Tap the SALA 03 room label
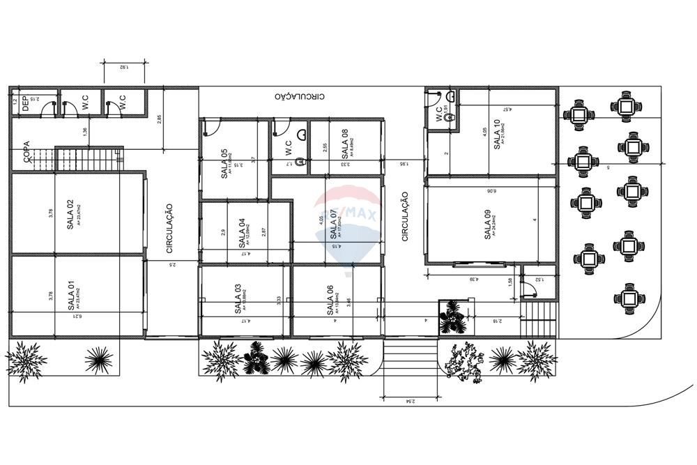238,298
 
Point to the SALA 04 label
241,233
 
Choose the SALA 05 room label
224,164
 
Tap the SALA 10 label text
496,133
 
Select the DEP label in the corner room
25,103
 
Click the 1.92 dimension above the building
122,67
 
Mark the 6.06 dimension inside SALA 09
490,190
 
